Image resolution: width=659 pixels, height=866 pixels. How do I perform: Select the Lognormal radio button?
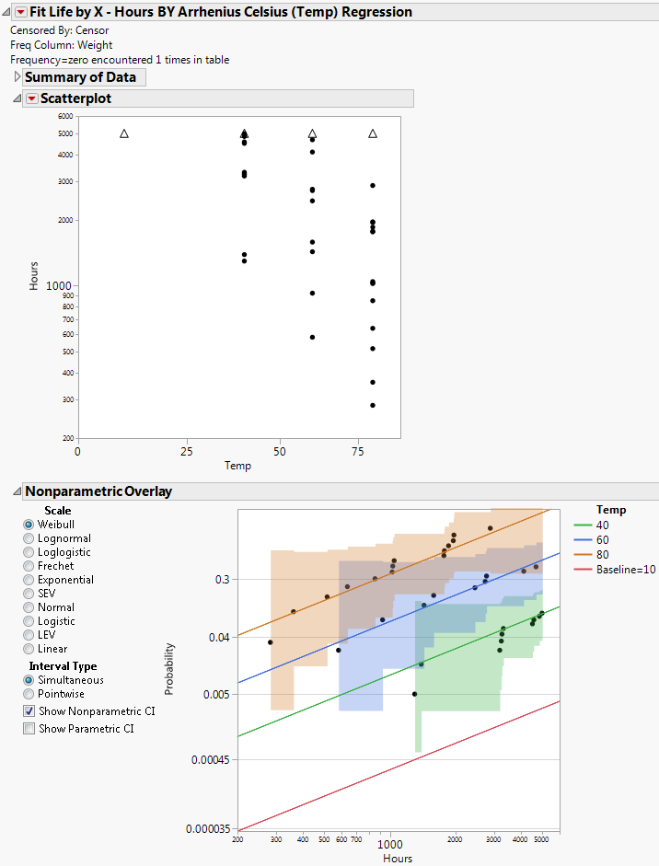coord(29,538)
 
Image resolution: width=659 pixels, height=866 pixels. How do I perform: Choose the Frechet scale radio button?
coord(29,566)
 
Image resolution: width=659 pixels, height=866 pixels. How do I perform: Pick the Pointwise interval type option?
coord(29,694)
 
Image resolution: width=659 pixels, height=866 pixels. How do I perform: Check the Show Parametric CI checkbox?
coord(29,728)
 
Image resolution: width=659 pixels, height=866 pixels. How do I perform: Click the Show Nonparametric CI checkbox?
coord(29,711)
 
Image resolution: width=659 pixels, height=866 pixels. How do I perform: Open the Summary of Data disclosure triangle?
coord(17,78)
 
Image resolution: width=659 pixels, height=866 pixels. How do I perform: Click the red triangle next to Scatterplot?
coord(32,98)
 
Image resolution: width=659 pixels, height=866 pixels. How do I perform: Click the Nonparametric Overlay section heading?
coord(98,491)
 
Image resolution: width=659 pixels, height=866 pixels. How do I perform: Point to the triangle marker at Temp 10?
coord(124,133)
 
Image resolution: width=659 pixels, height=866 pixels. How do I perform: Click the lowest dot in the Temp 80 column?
coord(373,405)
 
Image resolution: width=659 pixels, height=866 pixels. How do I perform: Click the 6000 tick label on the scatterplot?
coord(64,116)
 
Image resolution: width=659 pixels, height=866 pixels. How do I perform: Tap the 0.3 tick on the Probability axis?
coord(222,579)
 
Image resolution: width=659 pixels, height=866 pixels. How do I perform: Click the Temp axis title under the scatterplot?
coord(237,466)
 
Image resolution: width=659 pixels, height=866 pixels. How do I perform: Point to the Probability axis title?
coord(168,668)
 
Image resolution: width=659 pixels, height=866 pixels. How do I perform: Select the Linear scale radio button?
coord(29,649)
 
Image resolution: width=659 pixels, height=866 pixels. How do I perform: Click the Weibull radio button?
coord(29,525)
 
